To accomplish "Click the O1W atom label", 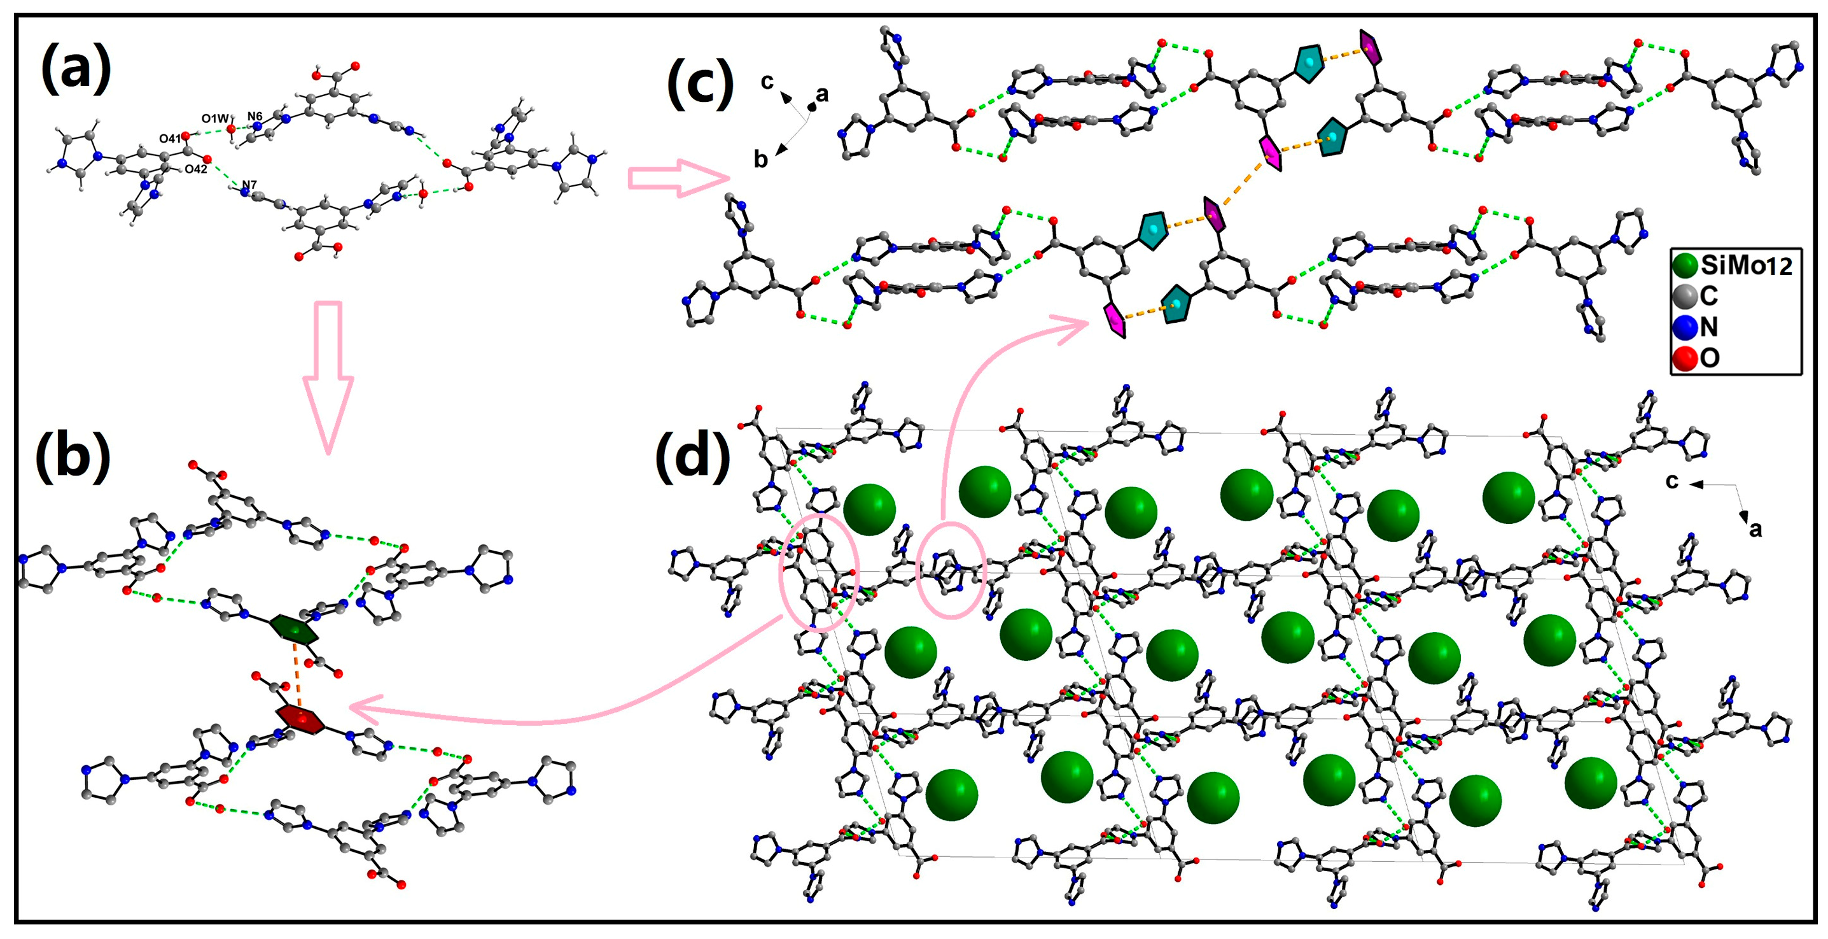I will (214, 118).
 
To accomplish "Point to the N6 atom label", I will (255, 116).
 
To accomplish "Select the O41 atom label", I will (171, 138).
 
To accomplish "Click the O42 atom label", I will (196, 169).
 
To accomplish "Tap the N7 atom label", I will (249, 185).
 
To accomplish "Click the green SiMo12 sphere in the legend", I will (1685, 265).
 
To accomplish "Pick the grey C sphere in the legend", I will (1685, 296).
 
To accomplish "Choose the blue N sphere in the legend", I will (1685, 327).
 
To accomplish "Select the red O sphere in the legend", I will (1685, 358).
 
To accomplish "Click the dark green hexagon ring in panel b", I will (293, 630).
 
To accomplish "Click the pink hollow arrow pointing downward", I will (328, 376).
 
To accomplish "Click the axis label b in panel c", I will (760, 160).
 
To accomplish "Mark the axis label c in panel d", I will (1672, 482).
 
